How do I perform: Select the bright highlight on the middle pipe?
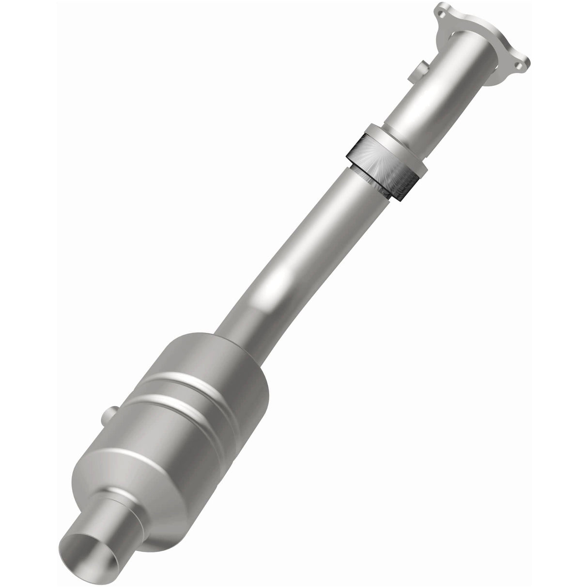coord(281,281)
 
